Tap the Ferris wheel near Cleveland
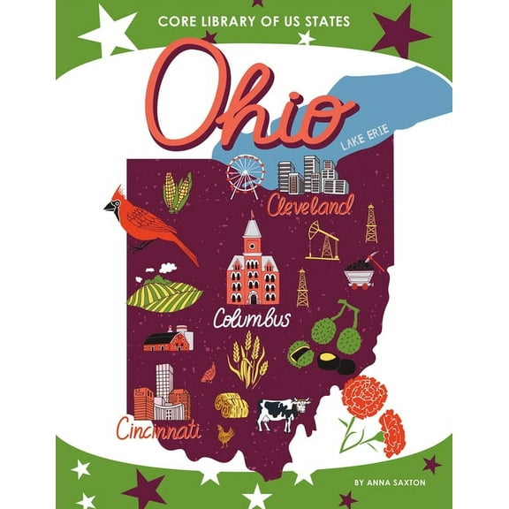244,175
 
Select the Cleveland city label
309,209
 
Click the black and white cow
282,412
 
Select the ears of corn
177,192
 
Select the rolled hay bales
231,404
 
